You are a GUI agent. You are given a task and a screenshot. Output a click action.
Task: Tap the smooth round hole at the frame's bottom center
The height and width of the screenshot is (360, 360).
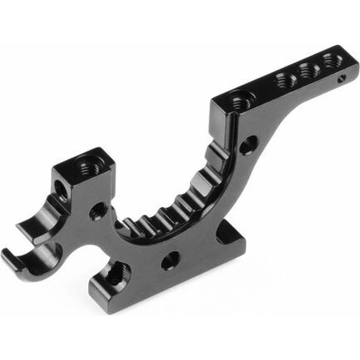click(169, 261)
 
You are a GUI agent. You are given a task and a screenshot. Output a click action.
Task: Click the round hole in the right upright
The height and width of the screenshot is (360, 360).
click(247, 144)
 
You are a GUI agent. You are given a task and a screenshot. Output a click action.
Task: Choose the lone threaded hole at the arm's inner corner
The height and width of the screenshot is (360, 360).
click(238, 103)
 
